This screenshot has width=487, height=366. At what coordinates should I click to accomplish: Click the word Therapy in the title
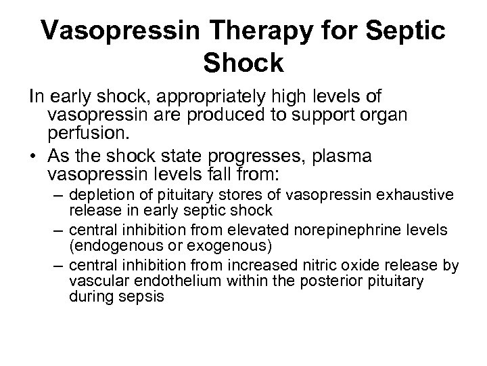coord(235,28)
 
